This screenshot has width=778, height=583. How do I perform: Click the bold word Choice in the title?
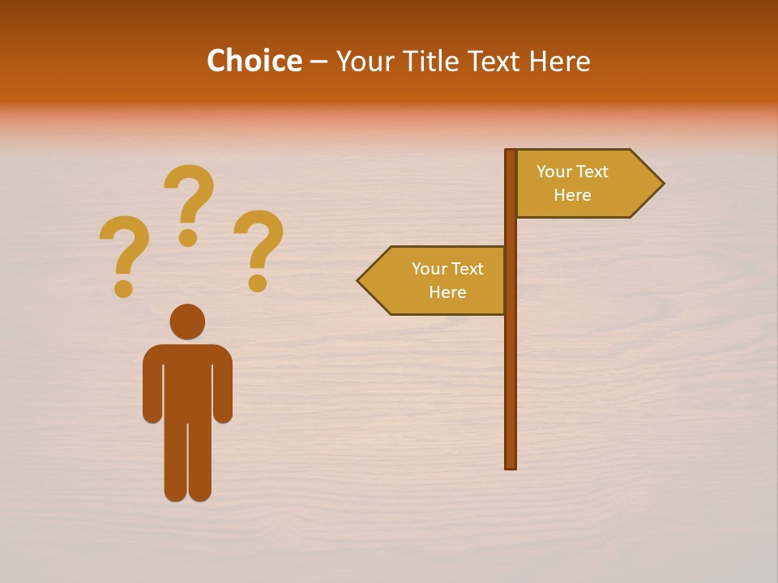[254, 62]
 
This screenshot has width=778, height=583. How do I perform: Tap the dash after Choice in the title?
[318, 62]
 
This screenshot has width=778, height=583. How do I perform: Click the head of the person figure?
[187, 321]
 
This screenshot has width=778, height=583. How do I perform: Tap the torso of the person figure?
[187, 381]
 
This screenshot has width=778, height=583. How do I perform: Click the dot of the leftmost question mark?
[123, 288]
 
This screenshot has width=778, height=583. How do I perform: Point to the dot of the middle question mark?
[188, 237]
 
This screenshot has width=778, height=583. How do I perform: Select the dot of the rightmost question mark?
[258, 283]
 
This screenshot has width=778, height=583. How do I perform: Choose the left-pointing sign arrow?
[434, 280]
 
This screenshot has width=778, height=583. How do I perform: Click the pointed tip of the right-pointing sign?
[661, 184]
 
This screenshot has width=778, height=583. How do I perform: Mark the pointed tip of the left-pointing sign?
[360, 281]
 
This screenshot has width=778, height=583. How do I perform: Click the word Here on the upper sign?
[572, 195]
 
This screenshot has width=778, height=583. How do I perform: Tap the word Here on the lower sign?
[447, 292]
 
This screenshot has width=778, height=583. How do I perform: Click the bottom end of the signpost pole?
[511, 465]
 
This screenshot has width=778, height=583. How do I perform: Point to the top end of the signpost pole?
[511, 152]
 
